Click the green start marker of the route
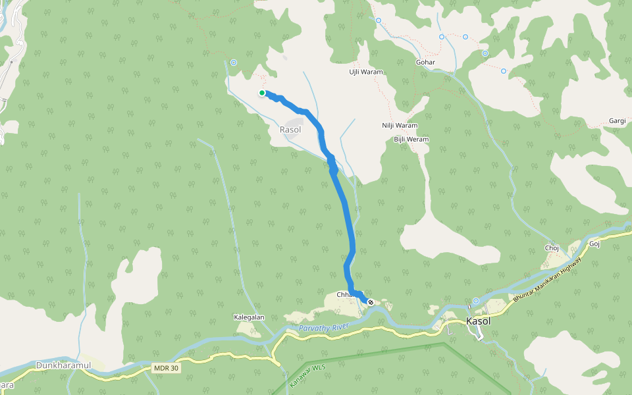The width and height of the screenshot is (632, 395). point(262,93)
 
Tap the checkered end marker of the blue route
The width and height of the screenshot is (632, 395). point(371,302)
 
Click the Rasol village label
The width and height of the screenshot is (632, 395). point(290,130)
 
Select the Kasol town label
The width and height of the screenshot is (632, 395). point(479,321)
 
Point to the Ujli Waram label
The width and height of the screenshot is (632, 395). point(366,72)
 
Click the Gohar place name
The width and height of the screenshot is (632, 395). point(426,63)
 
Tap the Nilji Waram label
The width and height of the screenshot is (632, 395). point(400,126)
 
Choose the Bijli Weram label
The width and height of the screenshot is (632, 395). point(411,140)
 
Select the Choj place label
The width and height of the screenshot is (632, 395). point(552,248)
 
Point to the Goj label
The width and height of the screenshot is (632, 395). point(595,244)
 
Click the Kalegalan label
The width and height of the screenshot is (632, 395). point(249,317)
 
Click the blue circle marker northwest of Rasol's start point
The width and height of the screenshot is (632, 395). point(233,63)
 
